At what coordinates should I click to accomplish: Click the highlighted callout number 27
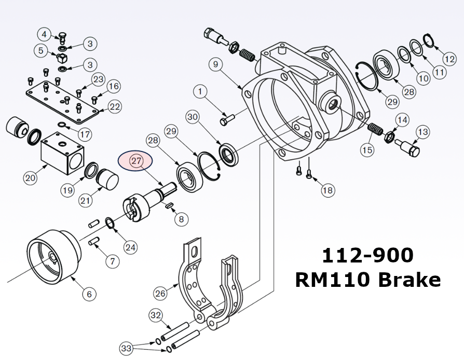(137, 161)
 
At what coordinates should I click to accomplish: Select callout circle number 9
(216, 65)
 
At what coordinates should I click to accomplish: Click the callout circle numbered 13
(422, 132)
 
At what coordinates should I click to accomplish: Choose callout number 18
(327, 190)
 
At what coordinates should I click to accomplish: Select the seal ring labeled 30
(227, 154)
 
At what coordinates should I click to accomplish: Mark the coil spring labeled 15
(374, 128)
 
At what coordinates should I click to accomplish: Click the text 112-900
(367, 256)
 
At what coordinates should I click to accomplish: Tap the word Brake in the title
(410, 280)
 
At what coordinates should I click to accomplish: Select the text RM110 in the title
(332, 280)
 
